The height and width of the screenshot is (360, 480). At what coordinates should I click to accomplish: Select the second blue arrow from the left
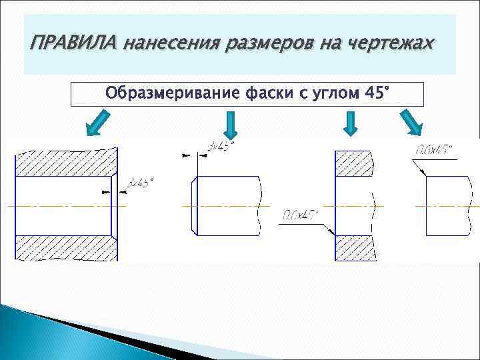point(230,125)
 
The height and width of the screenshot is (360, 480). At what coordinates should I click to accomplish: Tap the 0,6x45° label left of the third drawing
point(300,215)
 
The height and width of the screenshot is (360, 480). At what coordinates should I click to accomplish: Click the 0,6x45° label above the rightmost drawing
point(433,149)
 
